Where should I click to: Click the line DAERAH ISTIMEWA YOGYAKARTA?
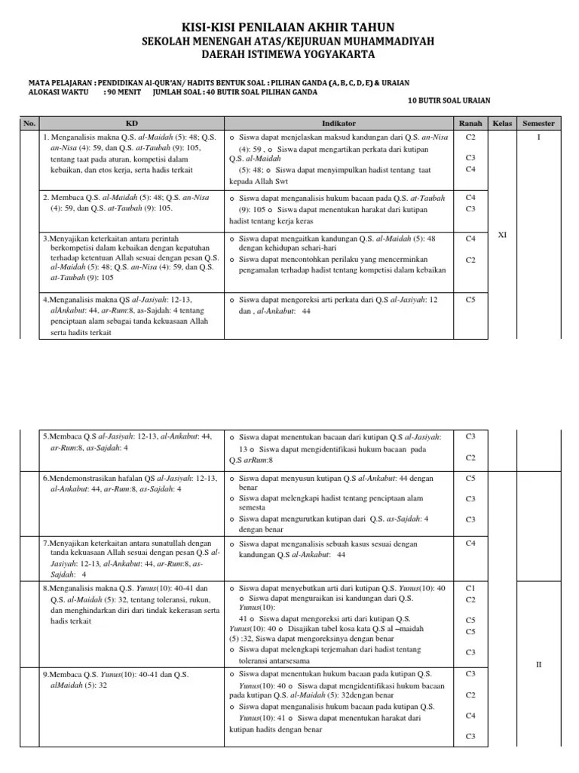click(289, 55)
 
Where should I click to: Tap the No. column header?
click(29, 123)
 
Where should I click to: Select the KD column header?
click(132, 123)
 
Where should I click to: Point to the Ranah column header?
click(470, 123)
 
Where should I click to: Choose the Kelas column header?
click(501, 123)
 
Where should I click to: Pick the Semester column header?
click(539, 123)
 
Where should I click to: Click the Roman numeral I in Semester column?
click(539, 137)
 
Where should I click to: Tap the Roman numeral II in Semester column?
click(539, 664)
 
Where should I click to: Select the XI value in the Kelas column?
click(502, 236)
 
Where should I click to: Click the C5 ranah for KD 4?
click(470, 299)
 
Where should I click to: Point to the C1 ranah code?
click(470, 587)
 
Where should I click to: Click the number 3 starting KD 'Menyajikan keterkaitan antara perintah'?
click(45, 239)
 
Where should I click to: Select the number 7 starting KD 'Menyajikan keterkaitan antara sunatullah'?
click(45, 543)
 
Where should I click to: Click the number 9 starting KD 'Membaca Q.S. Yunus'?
click(45, 674)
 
